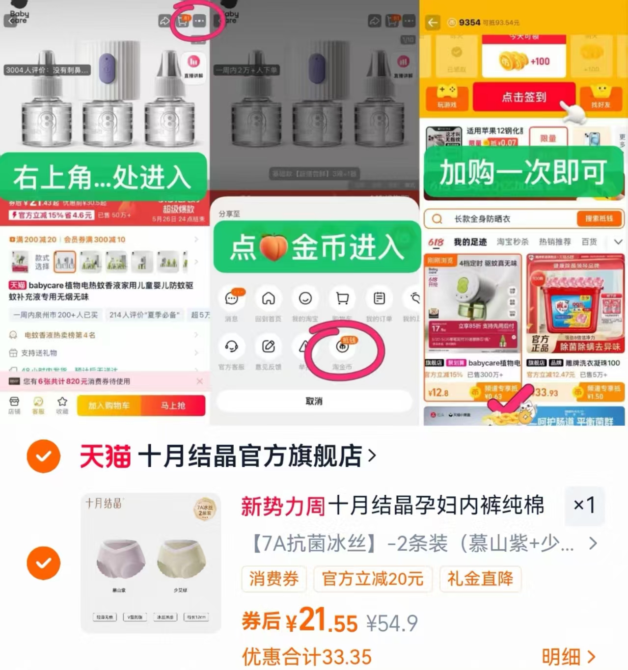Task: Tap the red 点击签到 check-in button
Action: click(x=523, y=97)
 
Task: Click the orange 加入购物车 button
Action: click(x=109, y=405)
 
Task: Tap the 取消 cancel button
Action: click(x=314, y=401)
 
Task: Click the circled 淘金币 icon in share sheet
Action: click(x=343, y=347)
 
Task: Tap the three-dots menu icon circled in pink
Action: click(x=199, y=21)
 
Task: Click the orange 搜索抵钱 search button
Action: click(x=599, y=218)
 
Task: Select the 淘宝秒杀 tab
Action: click(x=512, y=241)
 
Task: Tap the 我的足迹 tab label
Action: click(x=470, y=241)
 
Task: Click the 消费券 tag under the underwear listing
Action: click(x=273, y=579)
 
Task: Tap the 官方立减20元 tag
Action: click(x=372, y=579)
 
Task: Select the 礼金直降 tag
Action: click(x=480, y=579)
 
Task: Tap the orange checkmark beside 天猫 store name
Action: click(x=44, y=456)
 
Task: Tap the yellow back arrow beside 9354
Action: click(x=433, y=23)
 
